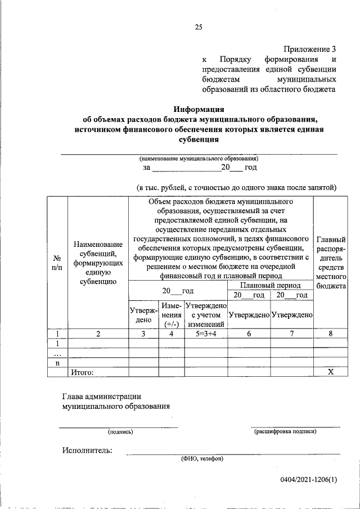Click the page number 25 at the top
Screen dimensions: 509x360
click(x=198, y=26)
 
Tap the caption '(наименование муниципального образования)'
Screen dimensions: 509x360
click(x=199, y=159)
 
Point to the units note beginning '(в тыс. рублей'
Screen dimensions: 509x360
click(x=236, y=187)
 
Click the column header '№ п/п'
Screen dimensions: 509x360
click(x=57, y=262)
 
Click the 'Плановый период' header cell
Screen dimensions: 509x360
click(x=270, y=286)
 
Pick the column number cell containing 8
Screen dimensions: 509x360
click(x=331, y=334)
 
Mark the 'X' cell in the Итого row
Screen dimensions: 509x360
click(x=331, y=372)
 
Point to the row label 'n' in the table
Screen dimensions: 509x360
click(x=57, y=363)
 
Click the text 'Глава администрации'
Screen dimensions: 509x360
click(x=101, y=397)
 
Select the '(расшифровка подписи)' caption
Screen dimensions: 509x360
click(x=285, y=432)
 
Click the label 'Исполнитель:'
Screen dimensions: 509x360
click(x=87, y=450)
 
